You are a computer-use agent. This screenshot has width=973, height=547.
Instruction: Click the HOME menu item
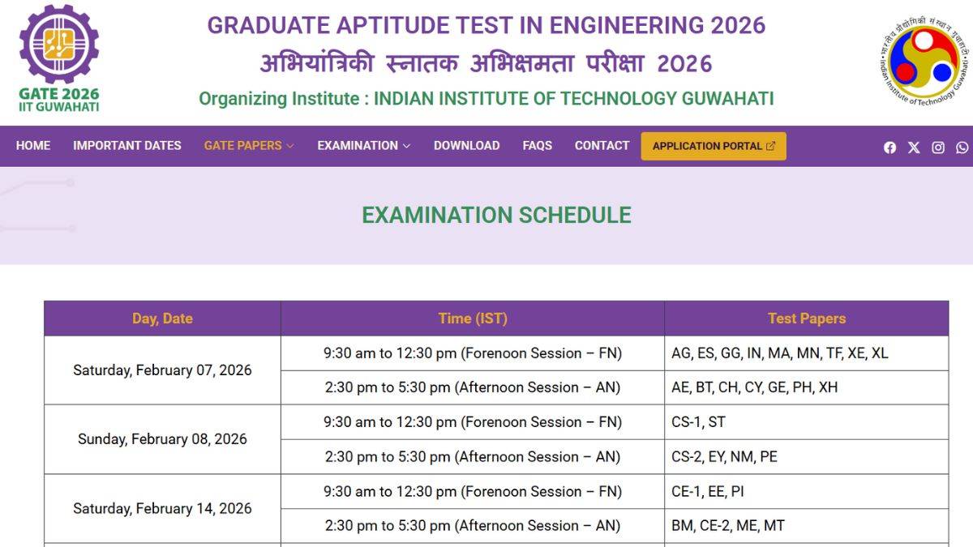[x=33, y=146]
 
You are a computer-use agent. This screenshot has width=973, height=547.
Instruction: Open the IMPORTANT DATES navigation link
[x=127, y=146]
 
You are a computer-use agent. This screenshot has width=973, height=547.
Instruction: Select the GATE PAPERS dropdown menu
[x=248, y=146]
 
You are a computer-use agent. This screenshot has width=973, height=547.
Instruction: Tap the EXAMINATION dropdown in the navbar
[x=363, y=146]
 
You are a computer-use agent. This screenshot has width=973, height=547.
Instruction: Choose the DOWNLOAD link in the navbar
[x=466, y=146]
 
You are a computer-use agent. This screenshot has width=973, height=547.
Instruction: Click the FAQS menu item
[x=537, y=146]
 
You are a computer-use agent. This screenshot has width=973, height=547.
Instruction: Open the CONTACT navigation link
[x=602, y=146]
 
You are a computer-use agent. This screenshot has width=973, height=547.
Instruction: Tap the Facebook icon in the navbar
[x=889, y=147]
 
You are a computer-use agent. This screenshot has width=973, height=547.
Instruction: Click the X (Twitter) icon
[x=914, y=147]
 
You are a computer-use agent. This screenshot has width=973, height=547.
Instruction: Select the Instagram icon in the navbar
[x=938, y=147]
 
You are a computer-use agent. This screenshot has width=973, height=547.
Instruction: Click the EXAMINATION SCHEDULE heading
[x=496, y=215]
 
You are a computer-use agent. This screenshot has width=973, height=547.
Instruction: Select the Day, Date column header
[x=162, y=318]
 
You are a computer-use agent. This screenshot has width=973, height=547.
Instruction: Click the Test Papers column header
[x=806, y=318]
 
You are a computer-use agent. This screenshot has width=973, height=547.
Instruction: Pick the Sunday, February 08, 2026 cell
[x=162, y=439]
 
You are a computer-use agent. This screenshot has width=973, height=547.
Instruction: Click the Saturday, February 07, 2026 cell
[x=162, y=370]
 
